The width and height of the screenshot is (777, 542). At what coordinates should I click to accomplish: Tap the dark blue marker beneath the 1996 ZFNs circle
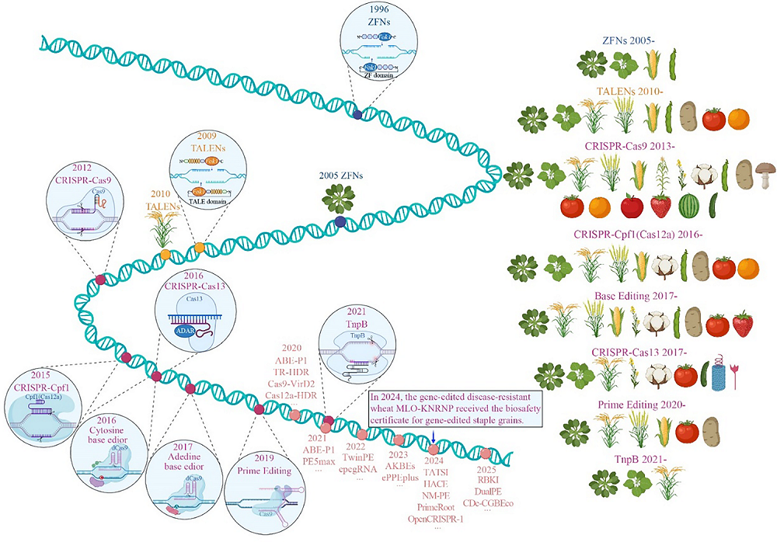(357, 114)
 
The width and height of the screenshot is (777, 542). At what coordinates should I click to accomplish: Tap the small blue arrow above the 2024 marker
(433, 447)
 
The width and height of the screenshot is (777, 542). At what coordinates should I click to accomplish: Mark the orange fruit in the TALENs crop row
(739, 119)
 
